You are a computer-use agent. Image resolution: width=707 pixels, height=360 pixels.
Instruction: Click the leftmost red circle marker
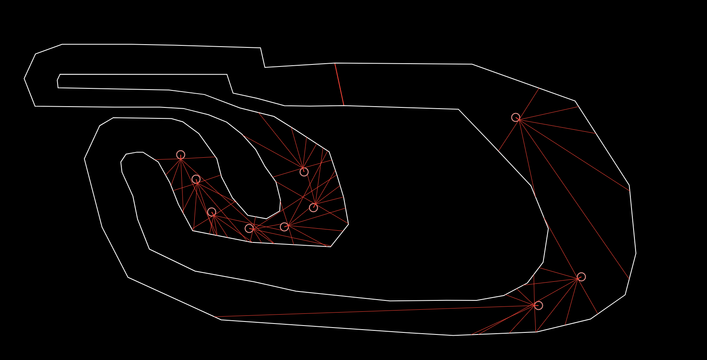pos(181,154)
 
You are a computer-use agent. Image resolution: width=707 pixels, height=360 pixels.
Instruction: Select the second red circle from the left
pos(196,179)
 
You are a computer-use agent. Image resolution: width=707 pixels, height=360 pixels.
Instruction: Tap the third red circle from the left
pos(211,212)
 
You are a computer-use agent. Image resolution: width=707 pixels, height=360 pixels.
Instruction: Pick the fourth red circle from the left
pos(249,228)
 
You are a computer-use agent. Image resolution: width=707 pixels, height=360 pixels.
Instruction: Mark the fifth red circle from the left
pos(284,227)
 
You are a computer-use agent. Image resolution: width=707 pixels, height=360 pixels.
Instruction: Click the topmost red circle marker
pos(516,117)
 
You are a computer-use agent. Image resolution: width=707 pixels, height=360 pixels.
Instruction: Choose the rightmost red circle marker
pos(581,276)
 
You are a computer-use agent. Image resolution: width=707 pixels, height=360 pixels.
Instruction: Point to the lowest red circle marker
pos(538,305)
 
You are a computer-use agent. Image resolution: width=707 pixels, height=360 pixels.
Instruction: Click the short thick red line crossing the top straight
pos(339,84)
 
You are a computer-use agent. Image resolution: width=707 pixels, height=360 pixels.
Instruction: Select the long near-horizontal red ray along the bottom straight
pos(365,311)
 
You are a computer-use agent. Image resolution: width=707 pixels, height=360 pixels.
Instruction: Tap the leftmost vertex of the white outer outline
pos(24,79)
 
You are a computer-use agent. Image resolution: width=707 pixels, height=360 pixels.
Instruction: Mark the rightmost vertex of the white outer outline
pos(636,253)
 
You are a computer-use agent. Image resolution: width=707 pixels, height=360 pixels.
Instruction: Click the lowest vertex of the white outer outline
pos(453,335)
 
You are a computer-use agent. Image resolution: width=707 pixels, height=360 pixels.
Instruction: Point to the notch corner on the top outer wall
pos(265,67)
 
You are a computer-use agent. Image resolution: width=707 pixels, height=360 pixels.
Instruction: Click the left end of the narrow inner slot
pos(58,81)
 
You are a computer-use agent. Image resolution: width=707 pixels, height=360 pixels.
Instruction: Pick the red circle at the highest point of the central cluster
pos(181,154)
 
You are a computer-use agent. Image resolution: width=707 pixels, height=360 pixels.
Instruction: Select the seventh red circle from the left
pos(313,208)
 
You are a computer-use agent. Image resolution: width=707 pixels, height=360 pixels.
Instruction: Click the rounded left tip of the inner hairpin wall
pos(121,163)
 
